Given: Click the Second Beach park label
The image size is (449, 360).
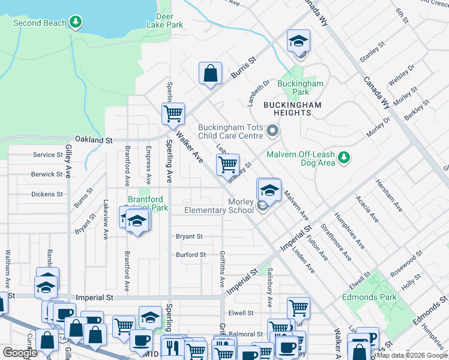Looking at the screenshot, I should click(39, 23).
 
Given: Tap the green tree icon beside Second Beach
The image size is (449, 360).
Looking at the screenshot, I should click(76, 23).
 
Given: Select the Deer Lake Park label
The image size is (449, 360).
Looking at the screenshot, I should click(164, 20).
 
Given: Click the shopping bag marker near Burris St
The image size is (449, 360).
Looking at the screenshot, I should click(211, 74).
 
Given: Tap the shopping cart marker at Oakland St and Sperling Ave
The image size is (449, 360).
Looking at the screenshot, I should click(173, 113).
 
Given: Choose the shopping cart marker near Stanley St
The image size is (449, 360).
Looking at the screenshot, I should click(228, 164).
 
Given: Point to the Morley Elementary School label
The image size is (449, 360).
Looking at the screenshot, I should click(219, 206).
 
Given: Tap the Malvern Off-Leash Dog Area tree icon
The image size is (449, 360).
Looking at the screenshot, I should click(343, 158).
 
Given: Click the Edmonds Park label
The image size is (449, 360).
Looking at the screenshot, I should click(369, 297).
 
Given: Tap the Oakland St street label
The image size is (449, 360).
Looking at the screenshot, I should click(93, 140).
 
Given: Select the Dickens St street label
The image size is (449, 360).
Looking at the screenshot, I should click(47, 194).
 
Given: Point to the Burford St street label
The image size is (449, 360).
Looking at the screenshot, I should click(190, 255).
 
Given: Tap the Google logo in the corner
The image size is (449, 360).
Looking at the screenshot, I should click(20, 353).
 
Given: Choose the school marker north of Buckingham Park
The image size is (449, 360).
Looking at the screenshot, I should click(298, 41).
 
